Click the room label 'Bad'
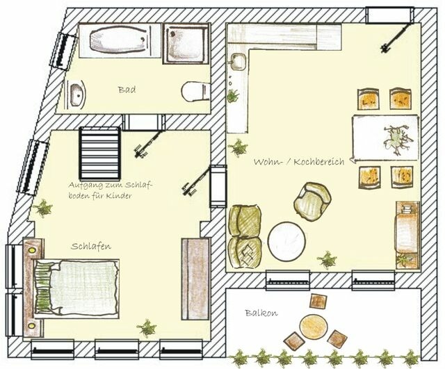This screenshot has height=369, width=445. [x=126, y=90]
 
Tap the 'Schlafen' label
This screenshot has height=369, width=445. [x=91, y=246]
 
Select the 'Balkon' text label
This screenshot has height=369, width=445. [x=261, y=313]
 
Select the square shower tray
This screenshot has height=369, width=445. [x=186, y=43]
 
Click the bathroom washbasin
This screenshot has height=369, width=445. [x=76, y=91]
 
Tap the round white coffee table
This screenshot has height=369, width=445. [x=288, y=240]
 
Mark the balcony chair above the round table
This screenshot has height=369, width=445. [x=318, y=302]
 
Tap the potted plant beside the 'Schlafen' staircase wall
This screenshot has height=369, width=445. [x=44, y=207]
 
